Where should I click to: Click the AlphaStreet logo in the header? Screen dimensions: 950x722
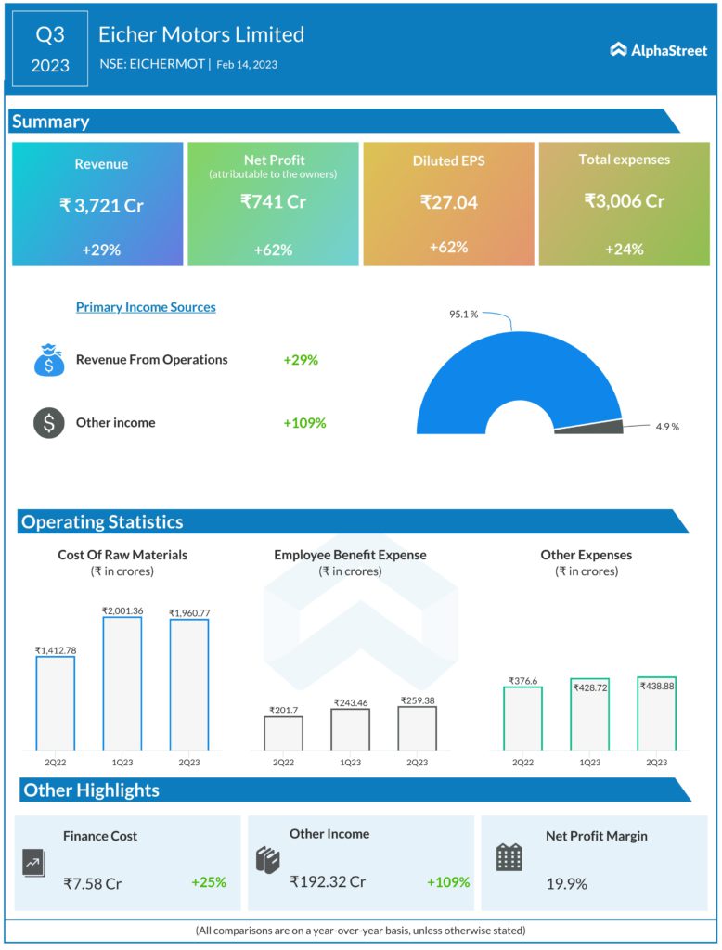pyautogui.click(x=658, y=50)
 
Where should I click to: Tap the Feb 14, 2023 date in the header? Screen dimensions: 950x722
pyautogui.click(x=247, y=65)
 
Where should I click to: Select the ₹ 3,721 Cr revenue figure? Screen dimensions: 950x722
pyautogui.click(x=101, y=205)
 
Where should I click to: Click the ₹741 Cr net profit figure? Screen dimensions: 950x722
pyautogui.click(x=273, y=201)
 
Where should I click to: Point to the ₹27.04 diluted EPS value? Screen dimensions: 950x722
pyautogui.click(x=448, y=201)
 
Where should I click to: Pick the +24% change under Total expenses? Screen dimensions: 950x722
pyautogui.click(x=624, y=249)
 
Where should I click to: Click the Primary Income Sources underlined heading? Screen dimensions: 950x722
pyautogui.click(x=146, y=307)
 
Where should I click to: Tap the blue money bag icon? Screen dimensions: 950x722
pyautogui.click(x=48, y=360)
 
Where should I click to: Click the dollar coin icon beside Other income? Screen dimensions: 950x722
pyautogui.click(x=48, y=423)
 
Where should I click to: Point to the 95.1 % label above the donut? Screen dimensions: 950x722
pyautogui.click(x=463, y=315)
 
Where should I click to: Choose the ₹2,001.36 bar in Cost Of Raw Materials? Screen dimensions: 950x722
pyautogui.click(x=122, y=683)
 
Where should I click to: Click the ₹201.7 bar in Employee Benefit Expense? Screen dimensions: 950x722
pyautogui.click(x=283, y=732)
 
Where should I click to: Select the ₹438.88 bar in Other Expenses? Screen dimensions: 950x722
pyautogui.click(x=656, y=714)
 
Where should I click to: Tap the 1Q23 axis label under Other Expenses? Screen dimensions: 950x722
pyautogui.click(x=589, y=762)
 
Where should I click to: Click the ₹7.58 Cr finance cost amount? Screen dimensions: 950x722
pyautogui.click(x=93, y=883)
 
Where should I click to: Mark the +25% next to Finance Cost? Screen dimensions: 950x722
pyautogui.click(x=209, y=882)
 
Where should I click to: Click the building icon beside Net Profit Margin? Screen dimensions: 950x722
pyautogui.click(x=509, y=857)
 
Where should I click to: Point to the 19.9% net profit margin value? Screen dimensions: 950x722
pyautogui.click(x=566, y=883)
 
